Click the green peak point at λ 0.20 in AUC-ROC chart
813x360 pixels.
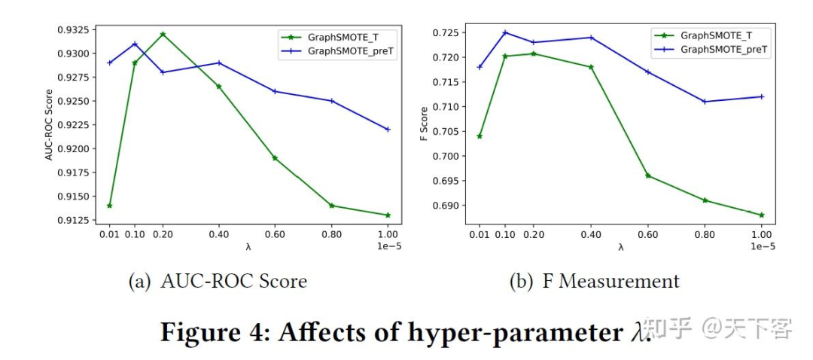163,34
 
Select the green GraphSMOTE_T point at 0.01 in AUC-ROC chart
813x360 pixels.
110,206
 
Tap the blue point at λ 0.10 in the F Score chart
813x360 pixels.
505,32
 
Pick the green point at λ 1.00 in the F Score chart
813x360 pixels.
762,215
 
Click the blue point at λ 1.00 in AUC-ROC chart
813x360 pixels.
388,130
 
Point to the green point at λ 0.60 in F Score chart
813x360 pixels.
647,175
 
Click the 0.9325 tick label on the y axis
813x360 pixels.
72,30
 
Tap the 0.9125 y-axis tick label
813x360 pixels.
72,220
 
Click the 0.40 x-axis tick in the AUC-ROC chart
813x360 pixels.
219,233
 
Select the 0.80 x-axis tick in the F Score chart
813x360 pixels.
705,233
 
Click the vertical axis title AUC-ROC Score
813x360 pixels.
49,125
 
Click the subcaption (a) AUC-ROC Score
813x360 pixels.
218,282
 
